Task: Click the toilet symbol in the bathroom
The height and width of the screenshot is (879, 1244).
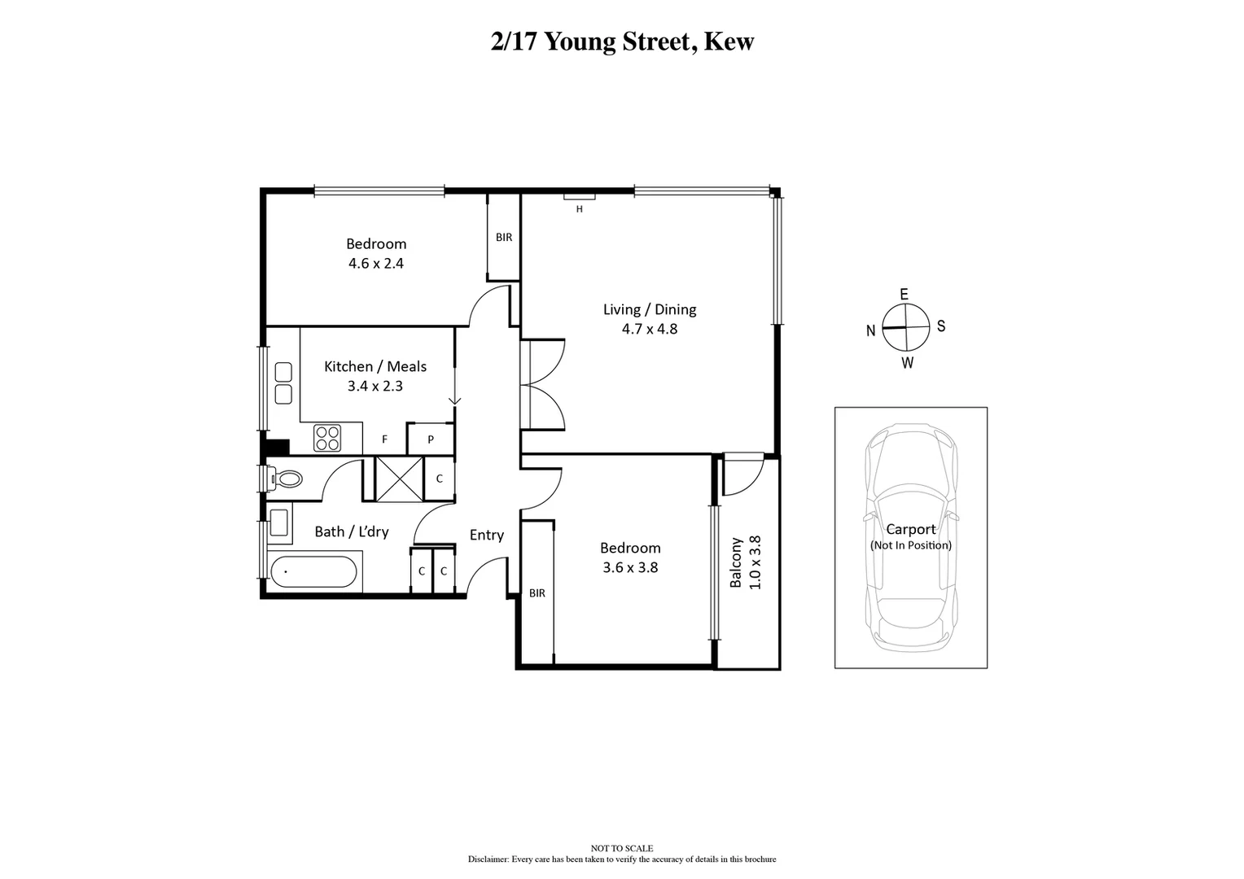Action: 284,479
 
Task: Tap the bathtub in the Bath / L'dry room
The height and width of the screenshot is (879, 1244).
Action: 313,571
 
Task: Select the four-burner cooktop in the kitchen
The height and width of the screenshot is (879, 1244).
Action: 327,439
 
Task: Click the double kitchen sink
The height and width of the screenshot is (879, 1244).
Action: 283,383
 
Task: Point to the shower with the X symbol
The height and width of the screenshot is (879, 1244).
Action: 399,479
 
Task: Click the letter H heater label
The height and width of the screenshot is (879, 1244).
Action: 580,209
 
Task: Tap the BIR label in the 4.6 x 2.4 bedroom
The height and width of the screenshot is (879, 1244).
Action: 504,237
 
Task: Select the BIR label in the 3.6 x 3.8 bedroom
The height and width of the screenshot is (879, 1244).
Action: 537,593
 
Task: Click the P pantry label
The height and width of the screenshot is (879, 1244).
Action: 431,439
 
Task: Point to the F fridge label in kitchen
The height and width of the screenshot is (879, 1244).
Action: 384,439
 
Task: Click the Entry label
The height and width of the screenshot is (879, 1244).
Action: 486,535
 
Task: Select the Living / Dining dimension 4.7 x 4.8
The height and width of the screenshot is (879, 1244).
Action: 650,329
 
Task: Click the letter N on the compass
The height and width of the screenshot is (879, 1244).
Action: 870,330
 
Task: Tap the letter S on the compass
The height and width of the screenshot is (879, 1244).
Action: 941,326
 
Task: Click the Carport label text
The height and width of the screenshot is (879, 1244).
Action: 910,529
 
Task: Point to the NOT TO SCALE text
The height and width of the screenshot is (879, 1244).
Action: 622,848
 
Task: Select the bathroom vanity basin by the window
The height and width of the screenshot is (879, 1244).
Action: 280,525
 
